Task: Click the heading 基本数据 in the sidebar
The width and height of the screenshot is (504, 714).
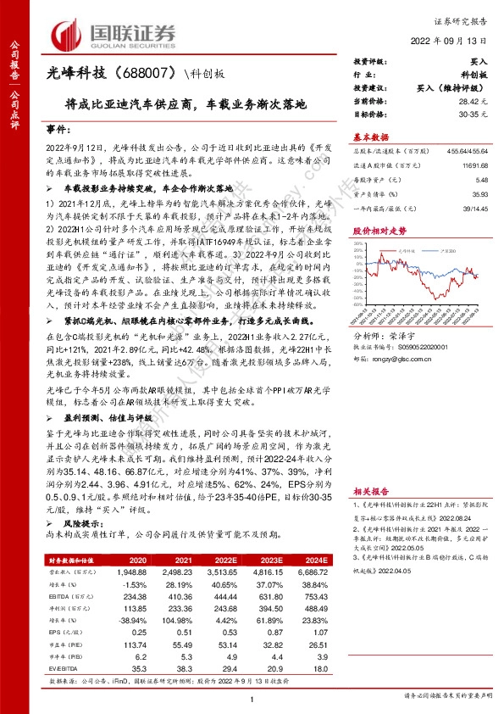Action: click(371, 137)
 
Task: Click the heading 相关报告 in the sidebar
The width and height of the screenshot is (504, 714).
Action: click(371, 491)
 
